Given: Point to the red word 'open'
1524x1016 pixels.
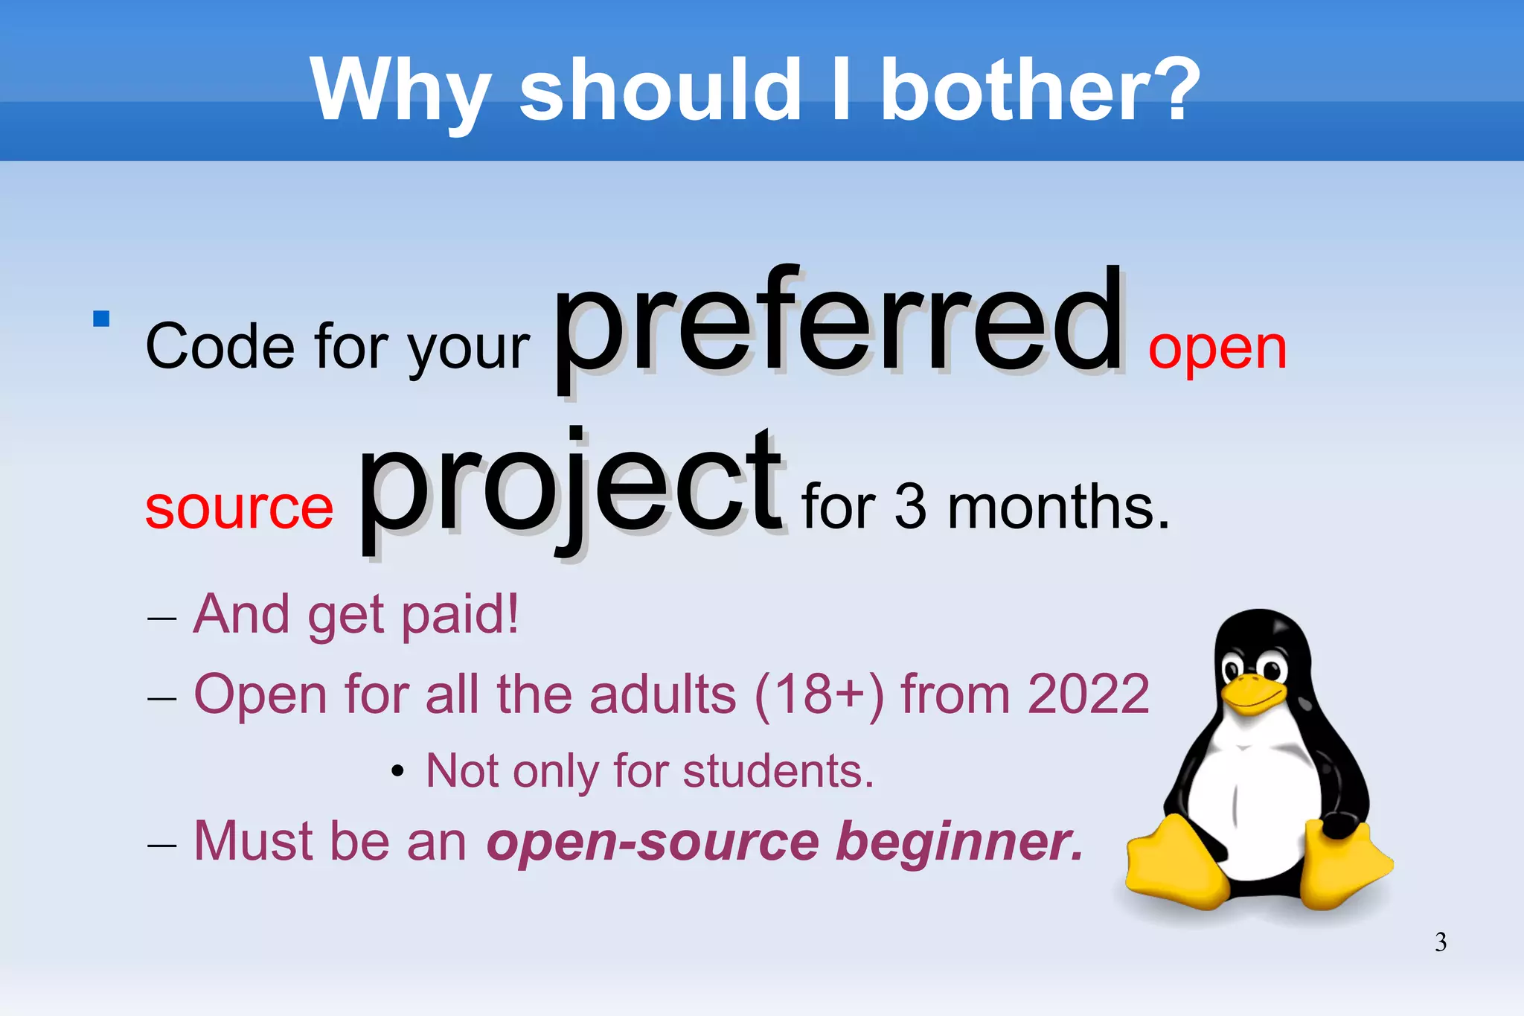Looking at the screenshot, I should [1217, 350].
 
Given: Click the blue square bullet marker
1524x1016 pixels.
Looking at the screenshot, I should [101, 319].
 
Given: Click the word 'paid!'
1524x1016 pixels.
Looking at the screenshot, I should [460, 615].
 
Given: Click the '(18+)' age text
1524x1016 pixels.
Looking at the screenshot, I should [819, 696].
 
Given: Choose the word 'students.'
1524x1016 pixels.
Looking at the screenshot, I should [778, 771].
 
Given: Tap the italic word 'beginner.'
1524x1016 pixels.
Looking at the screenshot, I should [960, 843].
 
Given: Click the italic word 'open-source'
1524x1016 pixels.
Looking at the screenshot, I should [653, 843].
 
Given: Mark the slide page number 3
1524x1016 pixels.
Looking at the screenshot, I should [1441, 942].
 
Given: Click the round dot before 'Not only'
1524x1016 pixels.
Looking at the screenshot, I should [398, 772].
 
